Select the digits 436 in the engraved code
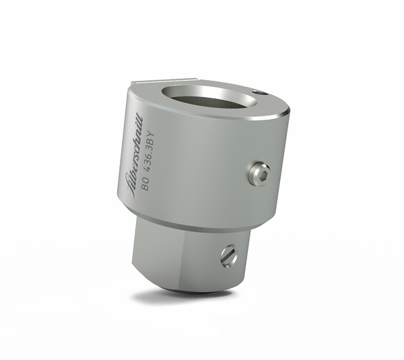click(146, 168)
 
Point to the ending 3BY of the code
click(148, 144)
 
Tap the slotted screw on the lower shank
click(229, 254)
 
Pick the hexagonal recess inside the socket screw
click(261, 174)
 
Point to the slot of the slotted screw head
click(229, 254)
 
